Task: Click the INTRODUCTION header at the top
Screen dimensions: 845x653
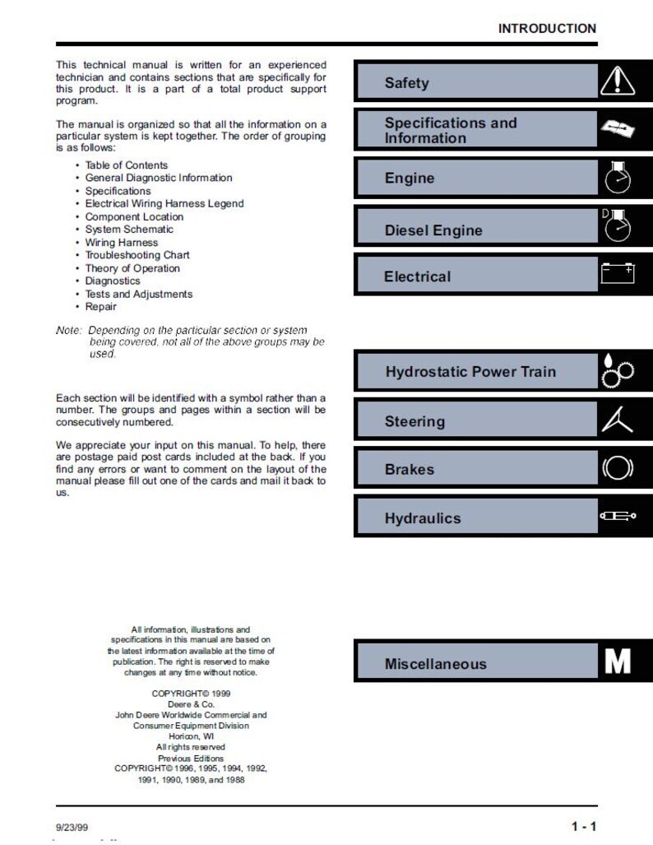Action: (547, 28)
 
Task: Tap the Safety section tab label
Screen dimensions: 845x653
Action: (406, 83)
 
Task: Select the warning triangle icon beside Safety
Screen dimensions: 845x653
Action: (618, 81)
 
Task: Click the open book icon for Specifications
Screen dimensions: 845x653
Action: (618, 129)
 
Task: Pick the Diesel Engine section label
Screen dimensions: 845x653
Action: (433, 230)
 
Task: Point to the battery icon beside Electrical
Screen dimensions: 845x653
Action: (618, 273)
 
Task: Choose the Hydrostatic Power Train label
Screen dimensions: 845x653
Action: (470, 371)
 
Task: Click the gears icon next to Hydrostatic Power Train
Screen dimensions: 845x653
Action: (618, 370)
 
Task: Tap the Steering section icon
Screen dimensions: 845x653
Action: (618, 419)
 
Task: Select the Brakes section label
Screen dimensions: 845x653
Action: (410, 470)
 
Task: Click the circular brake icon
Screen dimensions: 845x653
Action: (618, 468)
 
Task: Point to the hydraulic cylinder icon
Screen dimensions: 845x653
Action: (618, 517)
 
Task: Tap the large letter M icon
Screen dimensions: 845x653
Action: (618, 662)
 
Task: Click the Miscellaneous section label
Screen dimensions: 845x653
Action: (435, 664)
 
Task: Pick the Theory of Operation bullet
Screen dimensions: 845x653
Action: (132, 268)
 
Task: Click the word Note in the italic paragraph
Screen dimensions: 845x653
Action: (68, 330)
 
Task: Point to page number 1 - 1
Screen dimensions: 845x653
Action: (584, 826)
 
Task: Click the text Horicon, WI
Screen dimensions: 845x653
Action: (190, 736)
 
